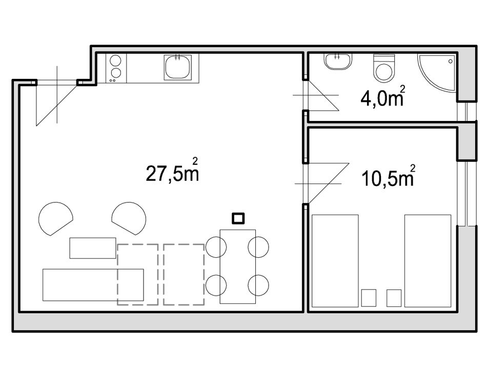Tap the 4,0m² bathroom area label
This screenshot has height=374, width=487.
(x=382, y=96)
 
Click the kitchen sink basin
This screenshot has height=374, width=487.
(x=178, y=67)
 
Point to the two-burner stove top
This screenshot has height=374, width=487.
(x=116, y=68)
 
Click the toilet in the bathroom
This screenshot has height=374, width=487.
(x=384, y=68)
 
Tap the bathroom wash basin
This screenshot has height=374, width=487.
(x=338, y=61)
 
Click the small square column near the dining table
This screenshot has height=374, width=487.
(x=238, y=218)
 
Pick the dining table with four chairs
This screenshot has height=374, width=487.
(x=237, y=266)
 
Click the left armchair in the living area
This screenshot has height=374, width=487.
(x=55, y=218)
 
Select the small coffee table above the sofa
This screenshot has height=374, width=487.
(x=93, y=248)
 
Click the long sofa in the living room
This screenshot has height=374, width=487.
(x=93, y=285)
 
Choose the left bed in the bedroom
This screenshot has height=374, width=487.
(x=335, y=261)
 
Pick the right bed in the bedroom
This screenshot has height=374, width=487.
(x=428, y=261)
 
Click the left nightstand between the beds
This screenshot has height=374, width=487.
(x=369, y=298)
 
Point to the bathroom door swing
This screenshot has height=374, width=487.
(x=323, y=95)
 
